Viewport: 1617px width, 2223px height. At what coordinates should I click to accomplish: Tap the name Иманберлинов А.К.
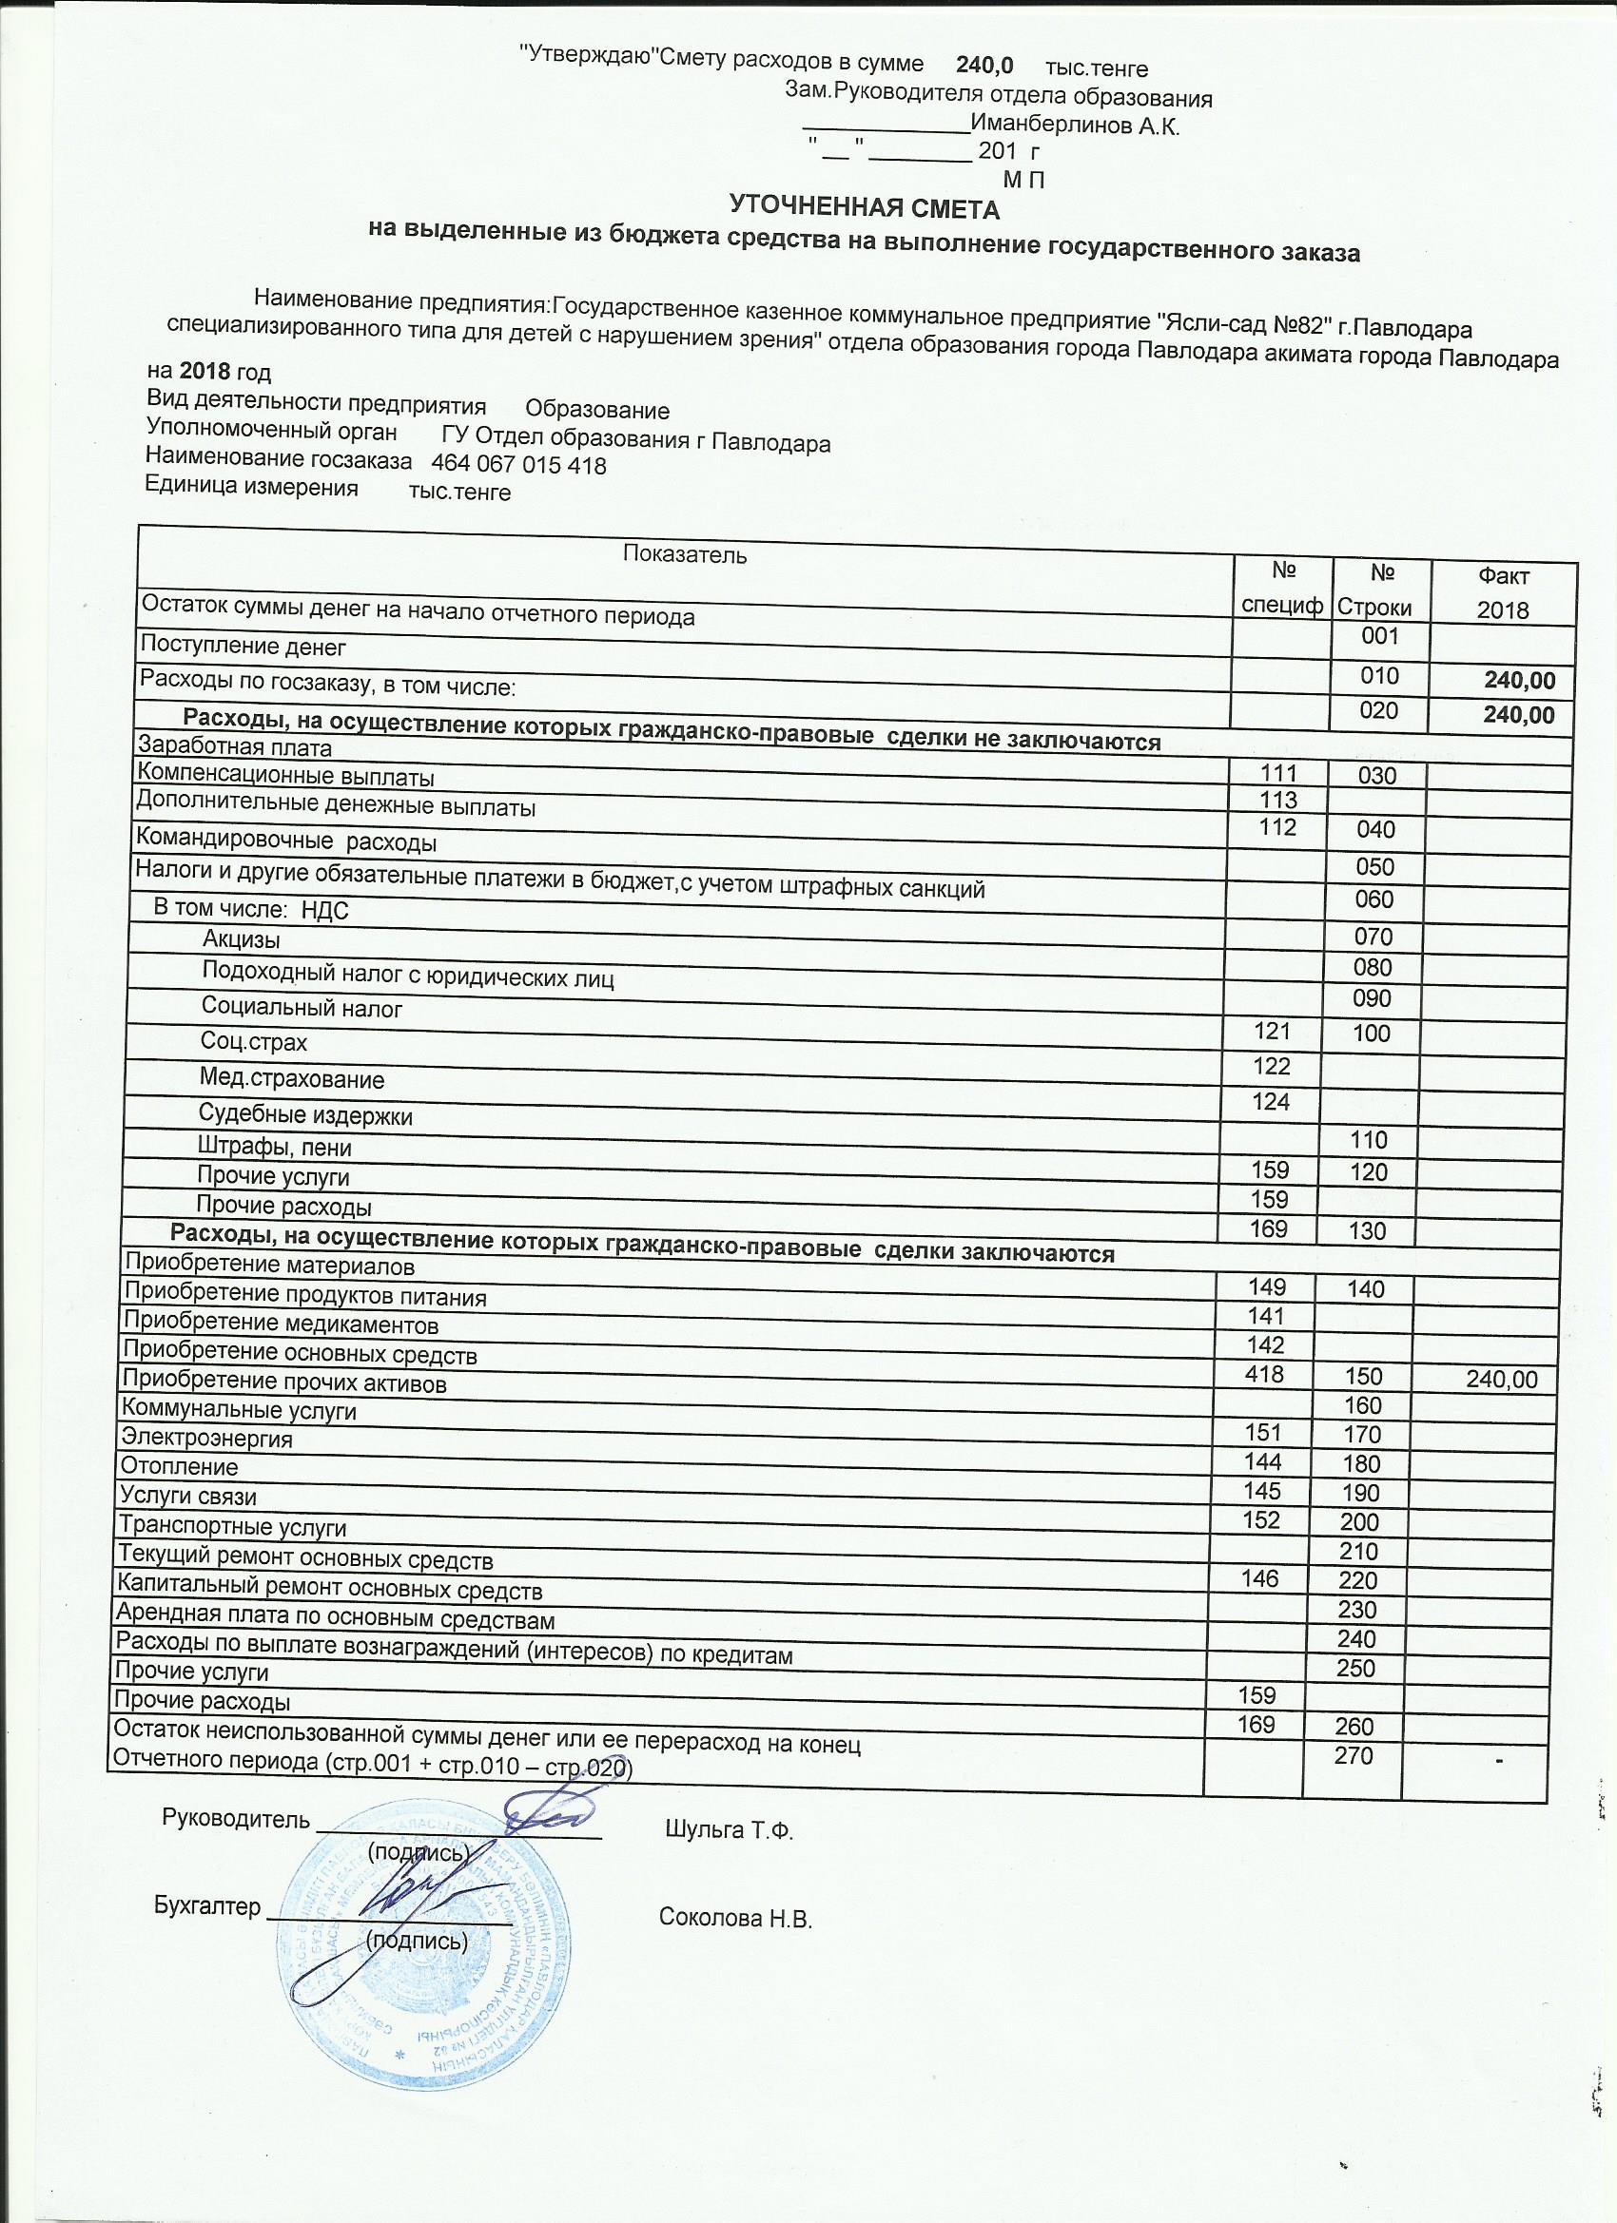tap(1075, 126)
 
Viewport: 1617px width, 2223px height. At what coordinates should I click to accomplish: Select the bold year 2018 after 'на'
tap(204, 373)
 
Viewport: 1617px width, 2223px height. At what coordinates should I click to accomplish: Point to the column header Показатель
tap(685, 555)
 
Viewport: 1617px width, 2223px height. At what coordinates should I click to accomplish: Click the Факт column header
tap(1502, 576)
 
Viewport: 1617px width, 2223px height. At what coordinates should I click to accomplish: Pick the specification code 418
tap(1264, 1373)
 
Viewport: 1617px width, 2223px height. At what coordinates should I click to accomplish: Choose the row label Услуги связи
tap(187, 1497)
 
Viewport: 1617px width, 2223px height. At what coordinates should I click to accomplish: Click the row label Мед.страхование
tap(291, 1080)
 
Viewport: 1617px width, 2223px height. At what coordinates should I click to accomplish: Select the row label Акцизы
tap(241, 939)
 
